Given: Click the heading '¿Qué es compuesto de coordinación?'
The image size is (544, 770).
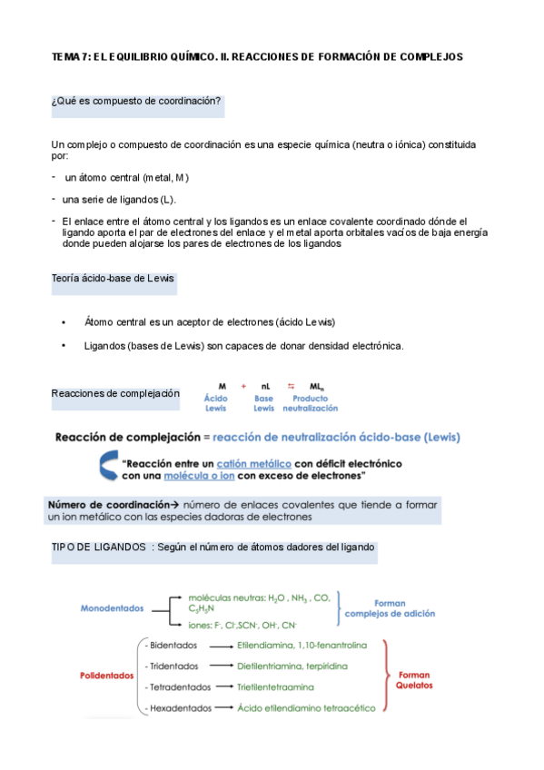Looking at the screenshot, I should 137,101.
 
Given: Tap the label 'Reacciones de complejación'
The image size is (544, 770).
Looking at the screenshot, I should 115,393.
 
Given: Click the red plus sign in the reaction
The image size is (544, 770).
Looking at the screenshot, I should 243,386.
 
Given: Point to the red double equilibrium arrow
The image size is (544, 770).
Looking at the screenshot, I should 292,386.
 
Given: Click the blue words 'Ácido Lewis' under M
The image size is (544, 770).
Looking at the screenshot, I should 216,403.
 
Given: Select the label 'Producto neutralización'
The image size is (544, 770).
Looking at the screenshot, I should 310,403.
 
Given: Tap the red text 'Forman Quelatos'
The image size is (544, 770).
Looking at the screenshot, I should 414,680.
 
